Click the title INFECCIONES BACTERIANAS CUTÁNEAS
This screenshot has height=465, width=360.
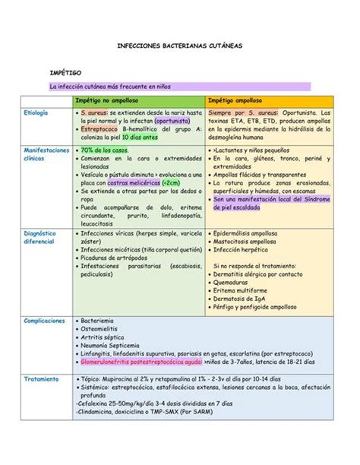point(179,46)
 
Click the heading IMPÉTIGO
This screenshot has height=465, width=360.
point(65,72)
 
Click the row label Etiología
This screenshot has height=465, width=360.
point(36,112)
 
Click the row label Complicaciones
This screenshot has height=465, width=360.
point(44,321)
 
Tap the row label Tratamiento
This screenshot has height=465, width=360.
point(39,378)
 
